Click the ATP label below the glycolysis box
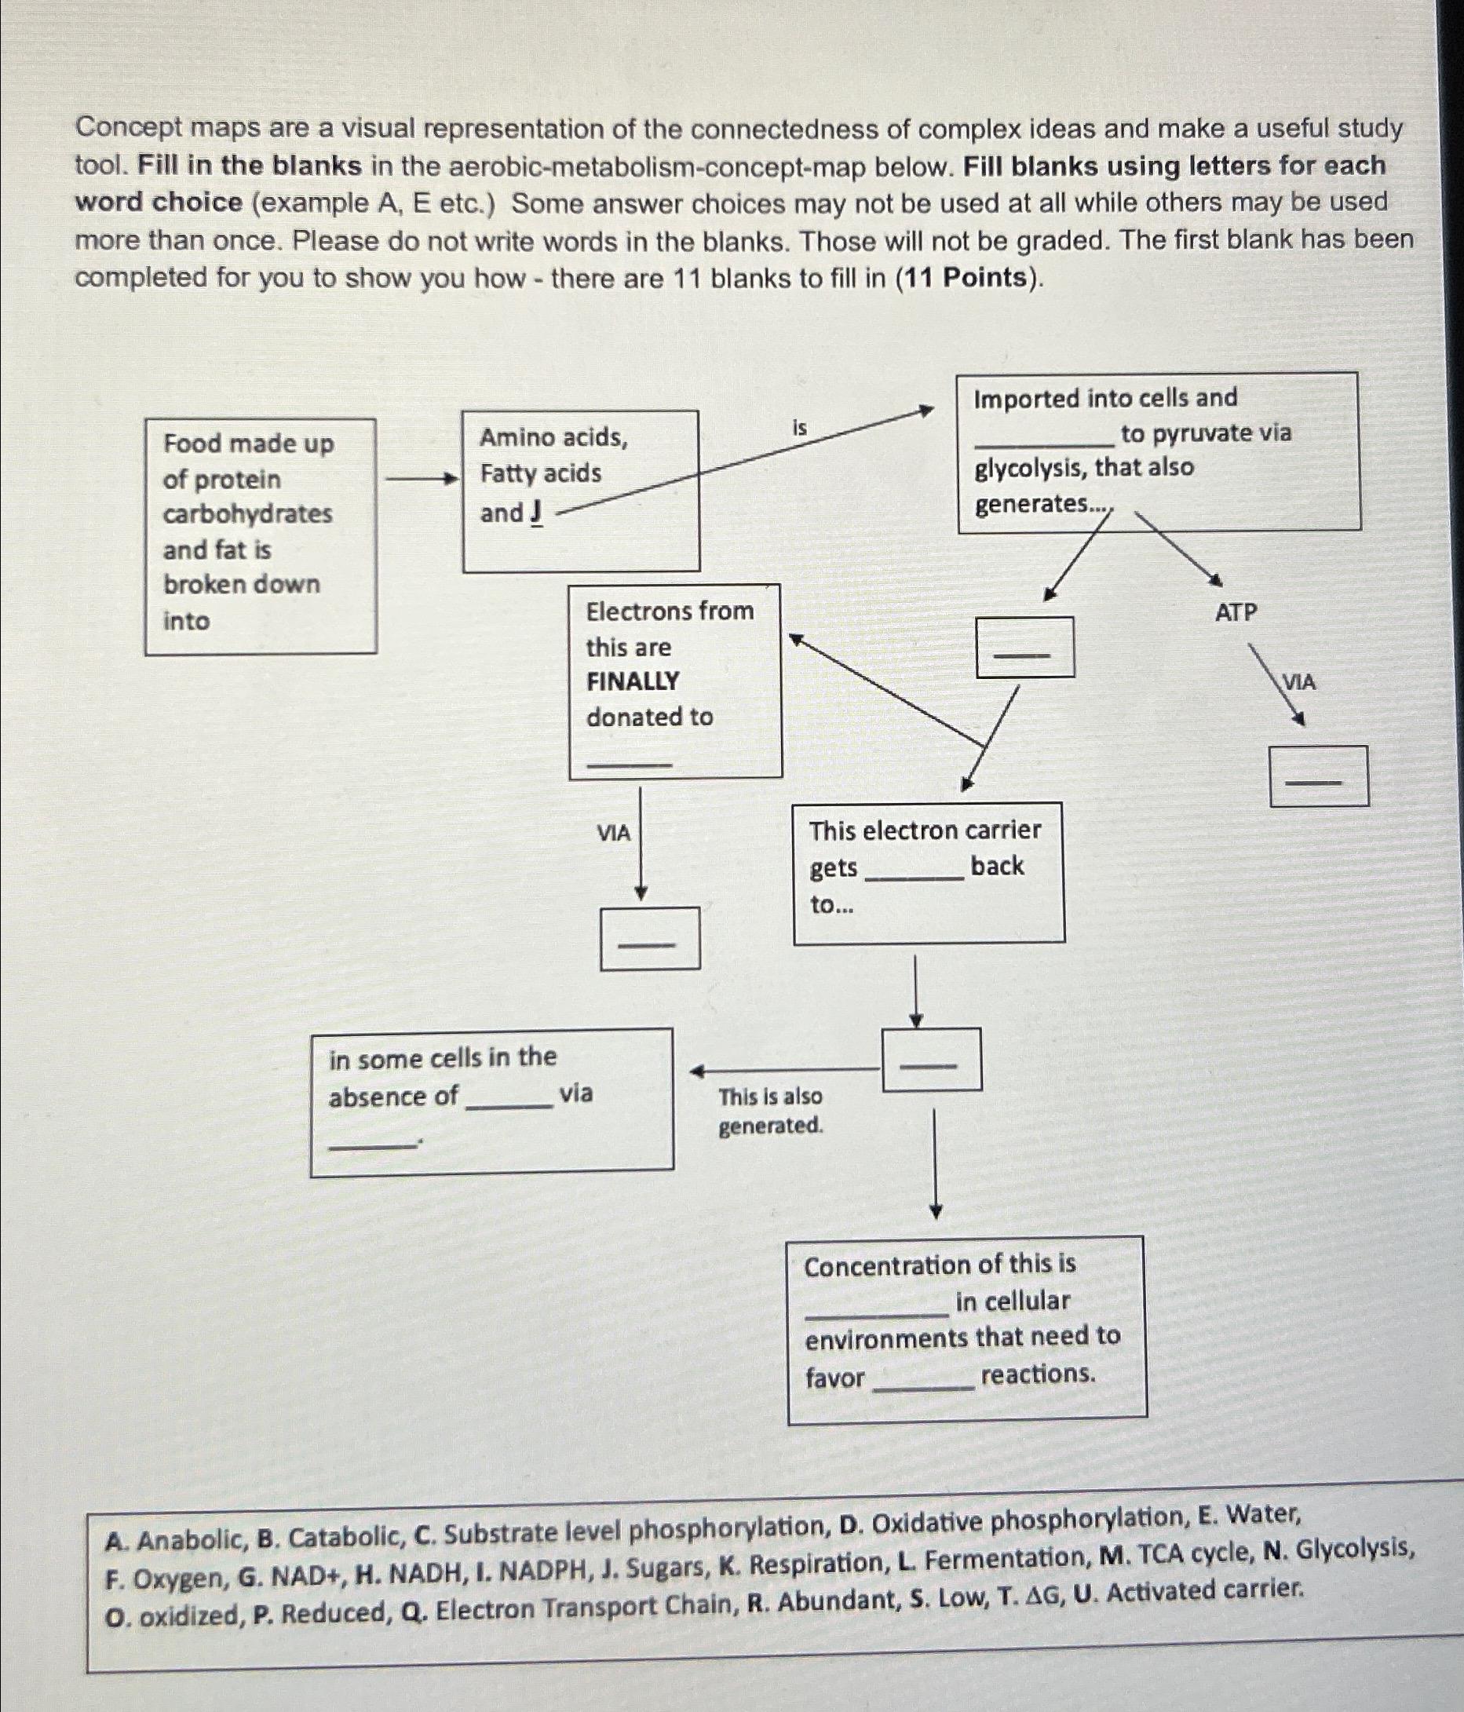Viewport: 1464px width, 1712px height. [x=1236, y=612]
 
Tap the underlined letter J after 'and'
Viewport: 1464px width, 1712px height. [x=537, y=513]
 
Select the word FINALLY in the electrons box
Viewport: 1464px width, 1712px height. [x=632, y=681]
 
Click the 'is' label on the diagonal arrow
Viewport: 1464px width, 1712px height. [x=800, y=428]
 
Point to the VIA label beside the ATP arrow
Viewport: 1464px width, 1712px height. [x=1299, y=682]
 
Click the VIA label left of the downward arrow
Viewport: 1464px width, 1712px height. [x=613, y=833]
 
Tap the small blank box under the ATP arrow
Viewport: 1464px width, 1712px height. [x=1319, y=776]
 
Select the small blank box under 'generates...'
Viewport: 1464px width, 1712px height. [x=1025, y=647]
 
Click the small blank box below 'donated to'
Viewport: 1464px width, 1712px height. [x=650, y=938]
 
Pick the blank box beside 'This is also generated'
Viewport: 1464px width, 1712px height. [x=932, y=1059]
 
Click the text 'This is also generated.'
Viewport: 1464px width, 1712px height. [x=770, y=1111]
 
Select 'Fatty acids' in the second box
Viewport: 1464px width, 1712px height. [x=540, y=473]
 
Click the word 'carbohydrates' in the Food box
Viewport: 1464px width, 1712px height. [x=247, y=514]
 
